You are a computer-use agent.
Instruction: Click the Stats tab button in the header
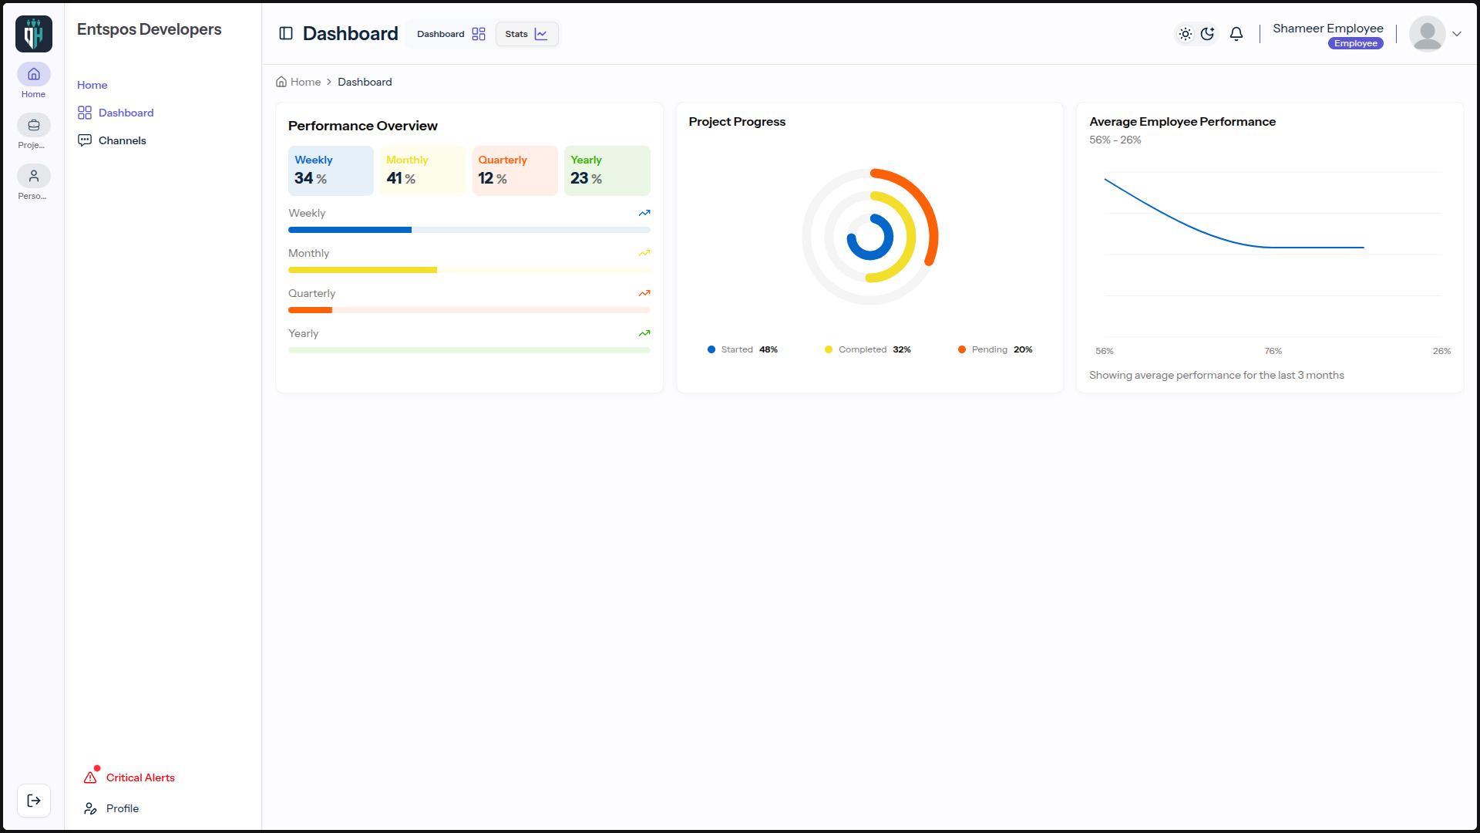coord(526,34)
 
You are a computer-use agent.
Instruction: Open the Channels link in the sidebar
coord(112,140)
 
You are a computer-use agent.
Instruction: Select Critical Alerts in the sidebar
coord(129,777)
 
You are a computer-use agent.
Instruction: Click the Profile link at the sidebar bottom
coord(112,808)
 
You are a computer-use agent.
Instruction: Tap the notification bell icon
coord(1236,34)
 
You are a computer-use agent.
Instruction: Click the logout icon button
coord(34,801)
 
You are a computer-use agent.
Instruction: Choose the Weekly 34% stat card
coord(331,170)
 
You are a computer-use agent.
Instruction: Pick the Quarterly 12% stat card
coord(515,170)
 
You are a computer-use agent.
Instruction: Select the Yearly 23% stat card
coord(607,170)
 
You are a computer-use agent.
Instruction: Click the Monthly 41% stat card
coord(423,170)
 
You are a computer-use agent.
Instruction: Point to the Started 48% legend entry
coord(742,349)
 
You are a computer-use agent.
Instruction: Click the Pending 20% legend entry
coord(995,349)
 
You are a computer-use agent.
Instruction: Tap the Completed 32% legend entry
coord(868,349)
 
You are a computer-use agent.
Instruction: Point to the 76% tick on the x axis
coord(1273,351)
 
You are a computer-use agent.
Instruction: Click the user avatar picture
coord(1428,34)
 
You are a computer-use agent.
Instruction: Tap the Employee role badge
coord(1356,43)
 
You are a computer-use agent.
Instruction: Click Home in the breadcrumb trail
coord(298,82)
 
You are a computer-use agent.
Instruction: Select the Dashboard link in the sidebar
coord(116,113)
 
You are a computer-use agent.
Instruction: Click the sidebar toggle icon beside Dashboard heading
coord(286,33)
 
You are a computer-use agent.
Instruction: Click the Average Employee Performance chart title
coord(1182,122)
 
